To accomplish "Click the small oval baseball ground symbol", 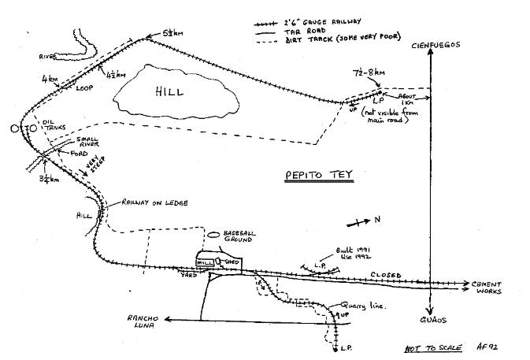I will coord(214,235).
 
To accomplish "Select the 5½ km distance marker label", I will coord(174,34).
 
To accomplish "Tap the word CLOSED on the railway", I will coord(386,276).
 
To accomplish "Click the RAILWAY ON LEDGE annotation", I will coord(154,203).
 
